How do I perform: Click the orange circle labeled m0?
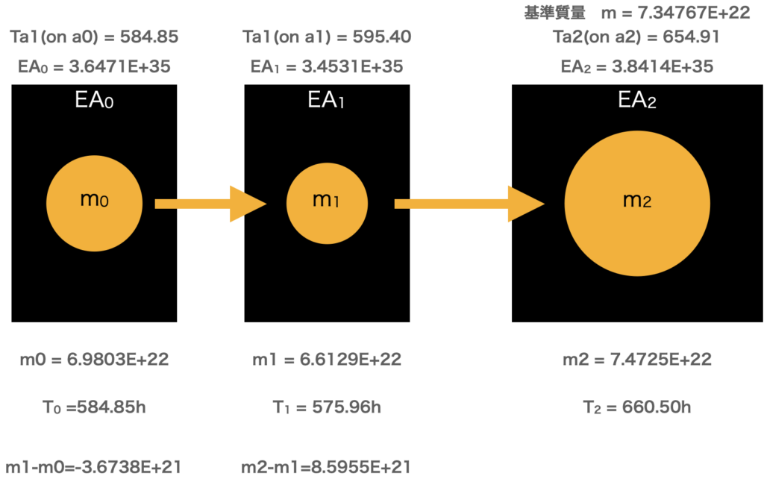click(94, 203)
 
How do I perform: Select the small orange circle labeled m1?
click(327, 203)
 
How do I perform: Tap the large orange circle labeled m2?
click(636, 203)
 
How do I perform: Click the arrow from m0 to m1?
click(210, 204)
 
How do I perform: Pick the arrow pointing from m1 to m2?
click(469, 204)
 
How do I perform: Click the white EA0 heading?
click(94, 101)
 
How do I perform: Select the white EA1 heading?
click(326, 101)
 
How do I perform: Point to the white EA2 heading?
click(636, 101)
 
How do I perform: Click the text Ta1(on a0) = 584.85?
click(94, 37)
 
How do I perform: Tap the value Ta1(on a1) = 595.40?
click(327, 37)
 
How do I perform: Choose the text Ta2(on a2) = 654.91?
click(636, 37)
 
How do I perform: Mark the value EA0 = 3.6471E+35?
click(94, 66)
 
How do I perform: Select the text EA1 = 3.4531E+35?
click(327, 66)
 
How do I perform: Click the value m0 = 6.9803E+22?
click(94, 360)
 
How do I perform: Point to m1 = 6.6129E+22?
click(327, 360)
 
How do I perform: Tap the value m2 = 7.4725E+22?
click(636, 360)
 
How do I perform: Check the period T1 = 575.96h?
click(327, 407)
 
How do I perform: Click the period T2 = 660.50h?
click(636, 407)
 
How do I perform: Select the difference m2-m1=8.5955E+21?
click(325, 468)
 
